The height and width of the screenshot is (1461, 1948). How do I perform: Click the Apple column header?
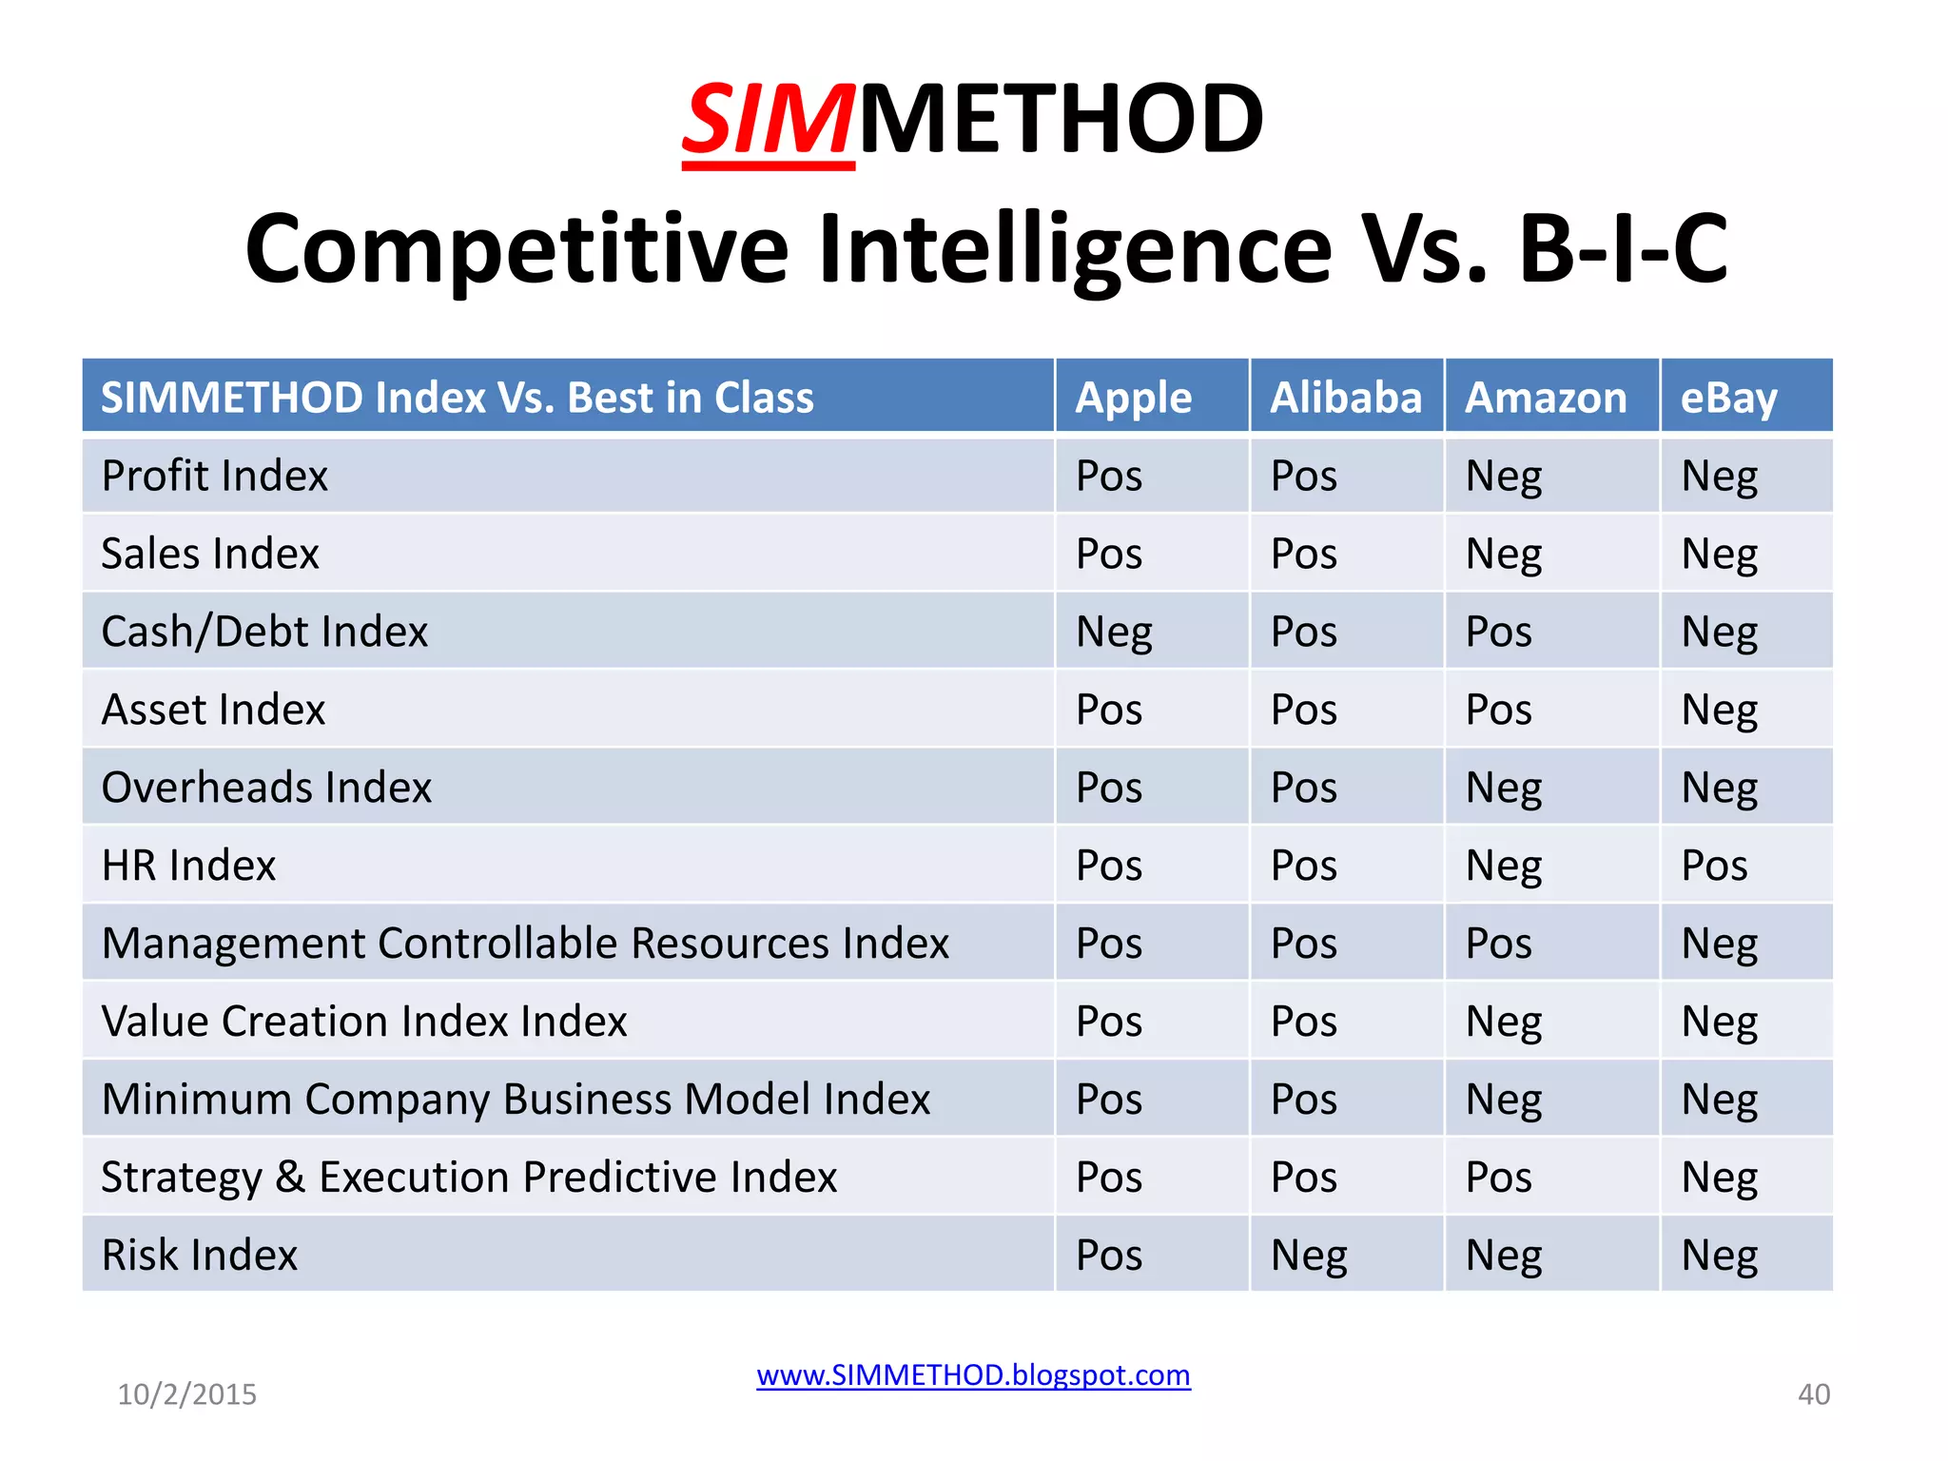(x=1133, y=398)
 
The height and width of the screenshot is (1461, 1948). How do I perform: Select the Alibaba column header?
(x=1346, y=398)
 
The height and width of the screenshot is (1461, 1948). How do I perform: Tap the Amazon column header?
(x=1546, y=398)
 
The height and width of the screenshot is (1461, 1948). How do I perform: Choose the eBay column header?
(x=1728, y=398)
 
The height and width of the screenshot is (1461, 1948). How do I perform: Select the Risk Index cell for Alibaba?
(x=1309, y=1256)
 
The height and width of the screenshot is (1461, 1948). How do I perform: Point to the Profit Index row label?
(x=215, y=476)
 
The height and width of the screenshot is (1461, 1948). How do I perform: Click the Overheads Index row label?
(x=266, y=788)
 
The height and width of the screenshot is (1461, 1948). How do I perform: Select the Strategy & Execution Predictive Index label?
(x=469, y=1178)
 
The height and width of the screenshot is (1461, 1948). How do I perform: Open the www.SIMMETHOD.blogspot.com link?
(x=973, y=1375)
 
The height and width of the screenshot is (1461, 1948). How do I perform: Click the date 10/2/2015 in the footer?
(x=186, y=1394)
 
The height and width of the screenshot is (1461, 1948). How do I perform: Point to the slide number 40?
(x=1813, y=1394)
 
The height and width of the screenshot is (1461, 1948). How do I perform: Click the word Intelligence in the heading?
(x=1075, y=249)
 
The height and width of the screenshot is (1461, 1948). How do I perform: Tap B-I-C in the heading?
(x=1623, y=249)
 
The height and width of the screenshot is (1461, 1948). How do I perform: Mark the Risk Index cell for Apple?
(x=1108, y=1256)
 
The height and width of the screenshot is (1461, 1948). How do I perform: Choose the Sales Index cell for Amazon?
(x=1503, y=555)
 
